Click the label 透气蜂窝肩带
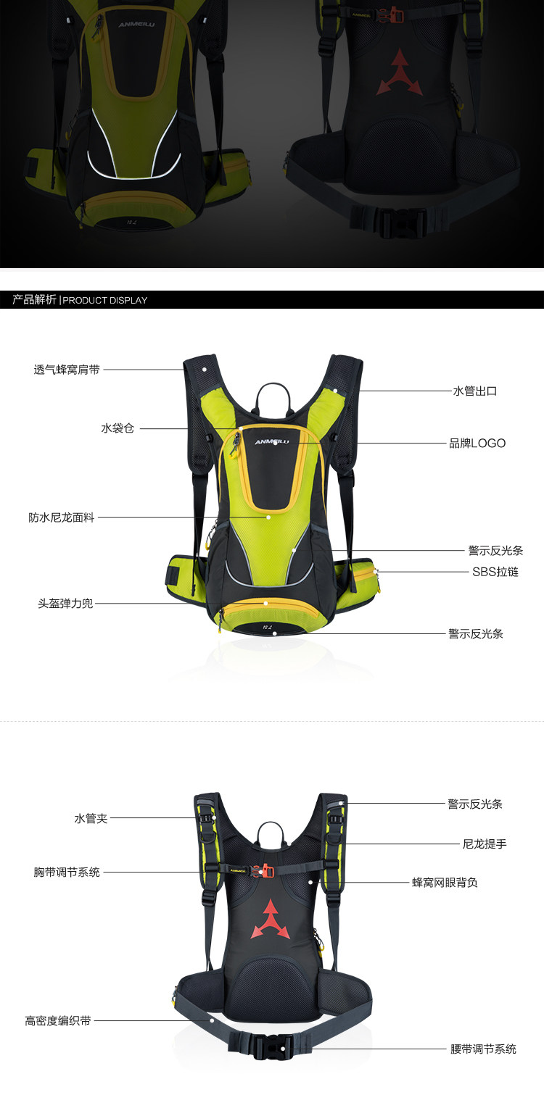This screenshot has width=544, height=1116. pos(67,370)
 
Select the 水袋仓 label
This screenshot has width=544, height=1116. pos(118,428)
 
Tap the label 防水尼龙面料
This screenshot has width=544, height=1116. pos(62,518)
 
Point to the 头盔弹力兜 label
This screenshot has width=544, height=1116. pos(65,603)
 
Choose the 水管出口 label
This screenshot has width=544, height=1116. pos(475,391)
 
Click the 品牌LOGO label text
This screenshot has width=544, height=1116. pos(477,444)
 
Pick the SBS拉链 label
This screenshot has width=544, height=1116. pos(495,572)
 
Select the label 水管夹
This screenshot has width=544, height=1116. pos(91,818)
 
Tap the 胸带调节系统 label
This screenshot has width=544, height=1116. pos(67,873)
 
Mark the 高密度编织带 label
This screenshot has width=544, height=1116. pos(58,1021)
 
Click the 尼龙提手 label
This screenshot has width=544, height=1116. pos(485,844)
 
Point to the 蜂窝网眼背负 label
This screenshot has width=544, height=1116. pos(445,883)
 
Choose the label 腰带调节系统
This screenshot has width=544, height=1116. pos(483,1049)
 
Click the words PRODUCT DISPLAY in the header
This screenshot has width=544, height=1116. pos(105,300)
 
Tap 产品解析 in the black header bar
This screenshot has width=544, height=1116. pos(34,299)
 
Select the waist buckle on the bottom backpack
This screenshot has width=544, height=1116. pos(273,1046)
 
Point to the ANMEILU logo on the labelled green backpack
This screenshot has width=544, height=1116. pos(271,441)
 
